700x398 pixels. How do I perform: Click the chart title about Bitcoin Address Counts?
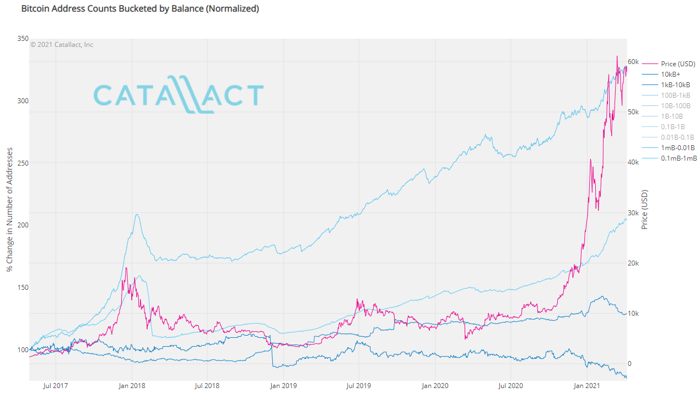[140, 9]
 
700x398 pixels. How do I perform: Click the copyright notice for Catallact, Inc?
[62, 45]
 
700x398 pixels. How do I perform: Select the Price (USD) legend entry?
[678, 64]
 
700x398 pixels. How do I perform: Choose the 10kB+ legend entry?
[671, 75]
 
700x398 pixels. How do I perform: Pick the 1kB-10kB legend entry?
[675, 85]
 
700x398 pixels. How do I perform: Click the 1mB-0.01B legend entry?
[677, 148]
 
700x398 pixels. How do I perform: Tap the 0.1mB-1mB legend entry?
[679, 158]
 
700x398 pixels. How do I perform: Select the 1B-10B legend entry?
[672, 116]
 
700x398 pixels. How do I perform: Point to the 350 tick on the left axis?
[23, 39]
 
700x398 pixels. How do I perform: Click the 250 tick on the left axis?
[23, 163]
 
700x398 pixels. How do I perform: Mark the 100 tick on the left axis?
[23, 349]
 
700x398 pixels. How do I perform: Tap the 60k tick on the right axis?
[633, 62]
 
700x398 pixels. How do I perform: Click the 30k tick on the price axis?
[633, 213]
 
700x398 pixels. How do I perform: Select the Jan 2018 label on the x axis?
[131, 386]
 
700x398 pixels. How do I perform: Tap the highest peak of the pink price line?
[617, 56]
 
